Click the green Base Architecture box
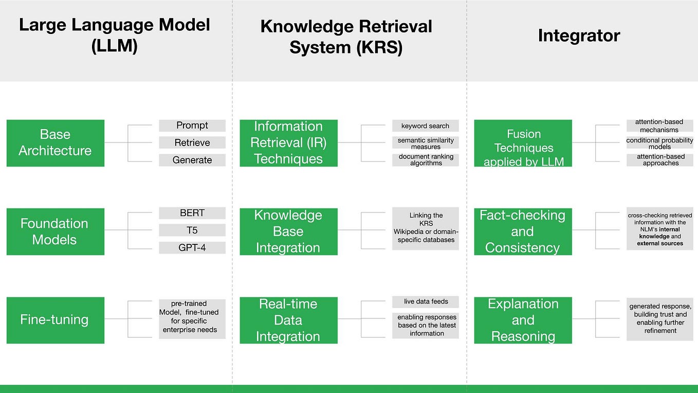pyautogui.click(x=55, y=143)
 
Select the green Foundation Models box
pyautogui.click(x=55, y=231)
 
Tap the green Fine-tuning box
pyautogui.click(x=55, y=320)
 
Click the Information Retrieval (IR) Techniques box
pyautogui.click(x=288, y=143)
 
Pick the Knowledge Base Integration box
pyautogui.click(x=288, y=231)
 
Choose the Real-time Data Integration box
pyautogui.click(x=288, y=320)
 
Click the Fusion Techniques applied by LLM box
pyautogui.click(x=523, y=144)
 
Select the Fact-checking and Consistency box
pyautogui.click(x=523, y=231)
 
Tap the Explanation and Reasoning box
pyautogui.click(x=523, y=320)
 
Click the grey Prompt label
pyautogui.click(x=192, y=126)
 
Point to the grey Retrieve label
pyautogui.click(x=192, y=142)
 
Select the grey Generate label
pyautogui.click(x=192, y=160)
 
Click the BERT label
pyautogui.click(x=192, y=213)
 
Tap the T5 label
pyautogui.click(x=192, y=230)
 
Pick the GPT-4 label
pyautogui.click(x=192, y=247)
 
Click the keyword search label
pyautogui.click(x=426, y=126)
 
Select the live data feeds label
pyautogui.click(x=426, y=301)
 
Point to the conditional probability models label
pyautogui.click(x=659, y=143)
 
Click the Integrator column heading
pyautogui.click(x=579, y=35)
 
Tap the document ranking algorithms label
pyautogui.click(x=426, y=160)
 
